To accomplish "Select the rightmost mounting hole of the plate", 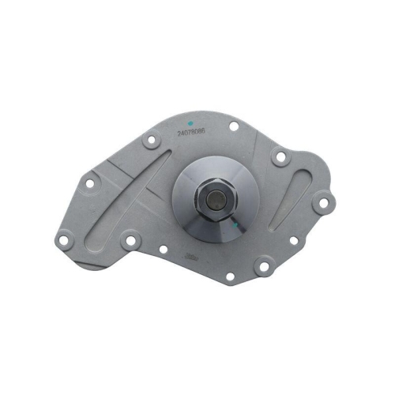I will pos(322,204).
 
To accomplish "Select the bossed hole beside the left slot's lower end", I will pos(129,238).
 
